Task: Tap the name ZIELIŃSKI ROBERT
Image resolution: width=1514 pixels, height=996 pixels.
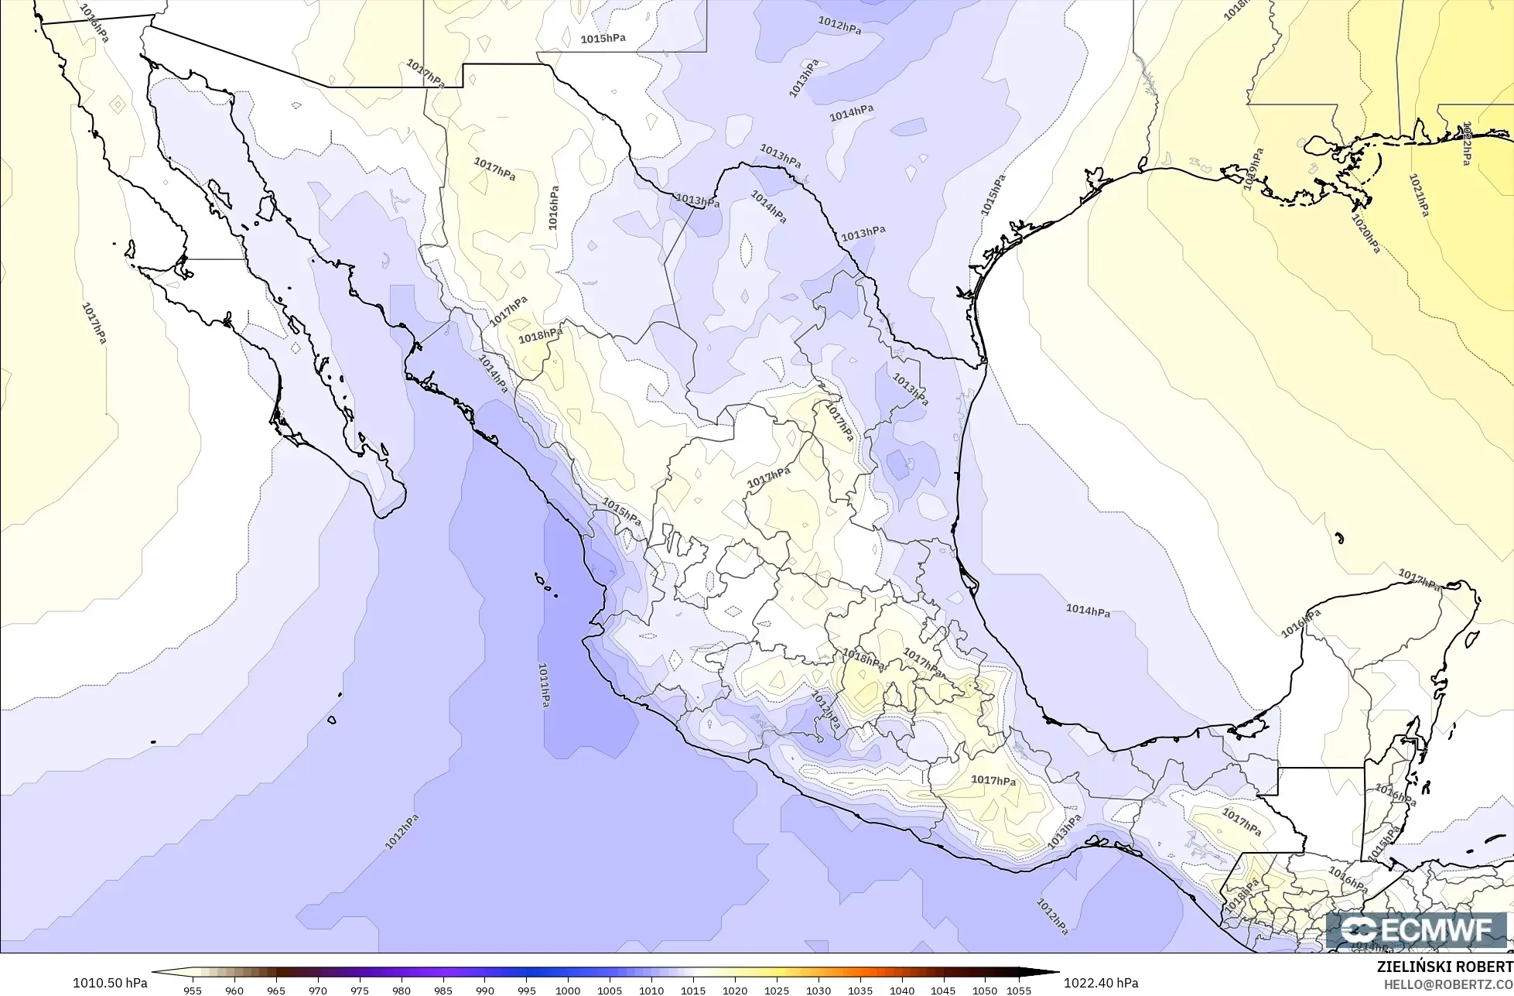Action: [x=1444, y=967]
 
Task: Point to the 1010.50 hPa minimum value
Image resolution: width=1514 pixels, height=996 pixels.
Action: [x=110, y=983]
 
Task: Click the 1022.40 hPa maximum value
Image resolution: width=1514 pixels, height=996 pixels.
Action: [x=1101, y=983]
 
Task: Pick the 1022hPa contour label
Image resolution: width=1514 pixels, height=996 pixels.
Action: [x=1465, y=143]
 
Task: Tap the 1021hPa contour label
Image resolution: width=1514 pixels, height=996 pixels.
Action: [x=1418, y=194]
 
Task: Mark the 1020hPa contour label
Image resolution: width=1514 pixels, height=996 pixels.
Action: [x=1365, y=232]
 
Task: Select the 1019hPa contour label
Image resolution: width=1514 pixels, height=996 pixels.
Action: [x=1253, y=169]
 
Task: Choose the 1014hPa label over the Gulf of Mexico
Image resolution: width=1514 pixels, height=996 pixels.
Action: [x=1088, y=611]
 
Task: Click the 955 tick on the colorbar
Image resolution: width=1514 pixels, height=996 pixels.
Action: [x=193, y=990]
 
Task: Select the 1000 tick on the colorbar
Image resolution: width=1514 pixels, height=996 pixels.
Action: [x=568, y=990]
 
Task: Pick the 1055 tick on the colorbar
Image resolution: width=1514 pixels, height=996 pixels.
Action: [x=1019, y=990]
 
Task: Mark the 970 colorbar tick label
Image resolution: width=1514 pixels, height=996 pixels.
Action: [x=317, y=990]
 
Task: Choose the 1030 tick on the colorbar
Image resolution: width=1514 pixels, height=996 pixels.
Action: [x=819, y=990]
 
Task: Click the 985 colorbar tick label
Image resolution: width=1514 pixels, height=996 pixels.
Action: [x=443, y=990]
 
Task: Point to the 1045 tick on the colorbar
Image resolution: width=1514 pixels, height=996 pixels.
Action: [x=944, y=990]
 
